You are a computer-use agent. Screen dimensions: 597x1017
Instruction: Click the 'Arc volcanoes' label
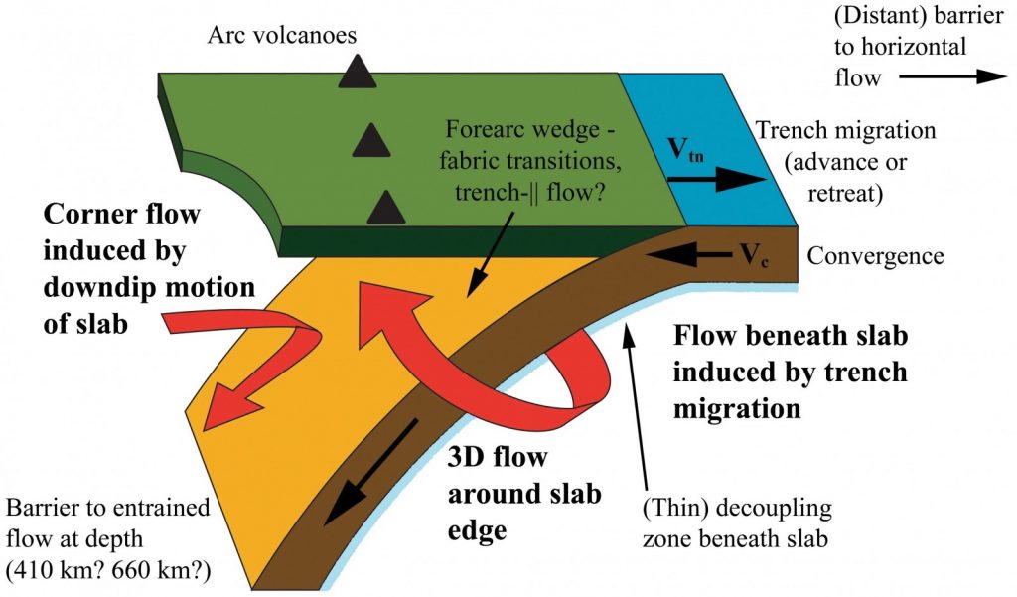[x=282, y=36]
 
